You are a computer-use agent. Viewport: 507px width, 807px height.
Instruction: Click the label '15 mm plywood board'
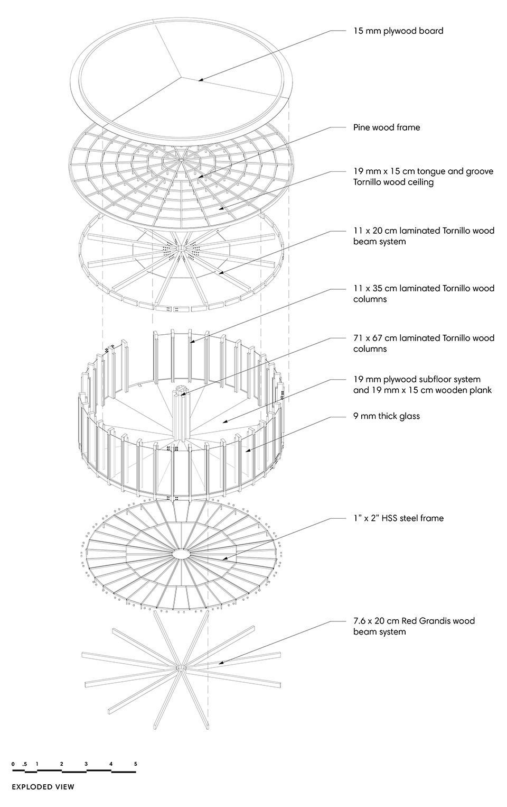[398, 31]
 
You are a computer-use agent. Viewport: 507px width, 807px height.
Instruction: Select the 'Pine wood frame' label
[387, 127]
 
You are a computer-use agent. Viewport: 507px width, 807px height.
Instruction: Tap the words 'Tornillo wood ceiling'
[393, 182]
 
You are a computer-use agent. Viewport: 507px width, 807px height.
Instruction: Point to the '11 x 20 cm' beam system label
[424, 236]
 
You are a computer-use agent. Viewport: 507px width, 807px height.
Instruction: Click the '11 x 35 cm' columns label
[424, 294]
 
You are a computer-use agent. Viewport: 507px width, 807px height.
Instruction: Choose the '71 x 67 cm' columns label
[424, 343]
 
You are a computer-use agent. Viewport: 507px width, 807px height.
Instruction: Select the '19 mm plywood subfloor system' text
[417, 379]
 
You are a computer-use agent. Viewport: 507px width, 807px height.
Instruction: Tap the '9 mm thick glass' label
[387, 416]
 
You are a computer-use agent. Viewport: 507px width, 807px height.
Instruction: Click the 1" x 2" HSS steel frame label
[398, 518]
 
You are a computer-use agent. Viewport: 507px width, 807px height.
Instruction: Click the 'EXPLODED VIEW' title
[43, 787]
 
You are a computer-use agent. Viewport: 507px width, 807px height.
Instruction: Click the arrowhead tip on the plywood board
[198, 80]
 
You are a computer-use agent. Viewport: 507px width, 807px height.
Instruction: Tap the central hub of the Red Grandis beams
[181, 668]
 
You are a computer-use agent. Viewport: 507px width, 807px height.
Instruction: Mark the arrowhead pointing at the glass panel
[247, 451]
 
